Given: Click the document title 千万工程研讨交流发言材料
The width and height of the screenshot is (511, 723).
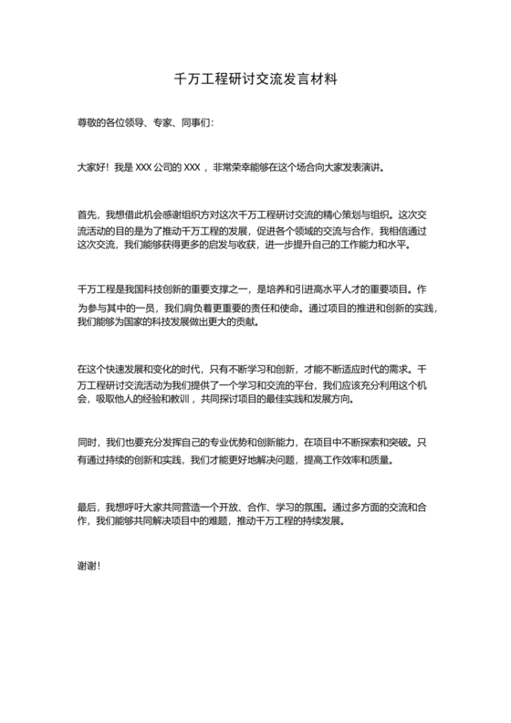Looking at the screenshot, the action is [x=255, y=79].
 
